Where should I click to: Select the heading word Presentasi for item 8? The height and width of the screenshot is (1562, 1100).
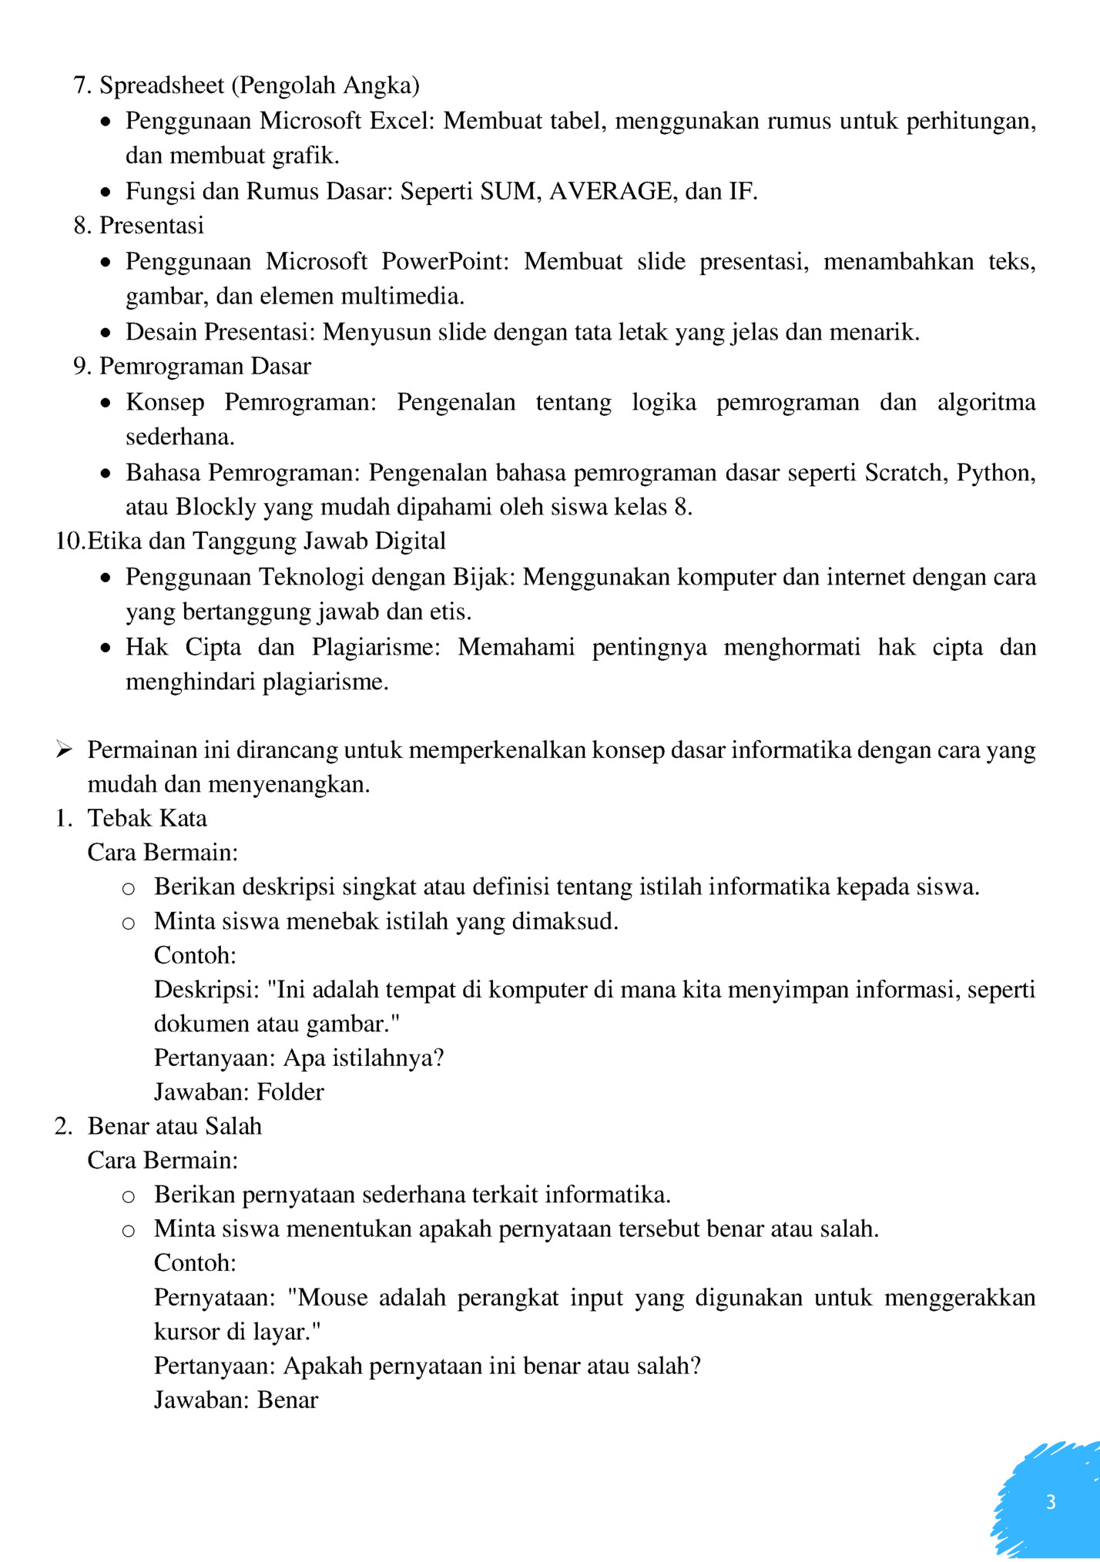tap(152, 226)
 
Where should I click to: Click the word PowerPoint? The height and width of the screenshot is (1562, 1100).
tap(445, 262)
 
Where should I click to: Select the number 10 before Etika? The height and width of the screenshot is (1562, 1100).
tap(69, 541)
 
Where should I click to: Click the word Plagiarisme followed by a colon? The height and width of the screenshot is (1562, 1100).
tap(374, 647)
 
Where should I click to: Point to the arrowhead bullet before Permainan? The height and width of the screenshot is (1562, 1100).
tap(64, 749)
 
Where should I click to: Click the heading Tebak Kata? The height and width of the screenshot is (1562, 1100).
tap(147, 818)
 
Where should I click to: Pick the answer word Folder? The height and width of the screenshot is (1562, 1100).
tap(290, 1092)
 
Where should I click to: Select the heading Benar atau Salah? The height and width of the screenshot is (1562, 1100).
tap(175, 1126)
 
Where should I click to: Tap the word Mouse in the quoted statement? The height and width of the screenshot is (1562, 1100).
tap(333, 1298)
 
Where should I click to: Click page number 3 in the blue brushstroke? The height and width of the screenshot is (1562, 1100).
tap(1051, 1502)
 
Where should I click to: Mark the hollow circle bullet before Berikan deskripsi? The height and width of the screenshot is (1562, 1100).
tap(129, 889)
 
